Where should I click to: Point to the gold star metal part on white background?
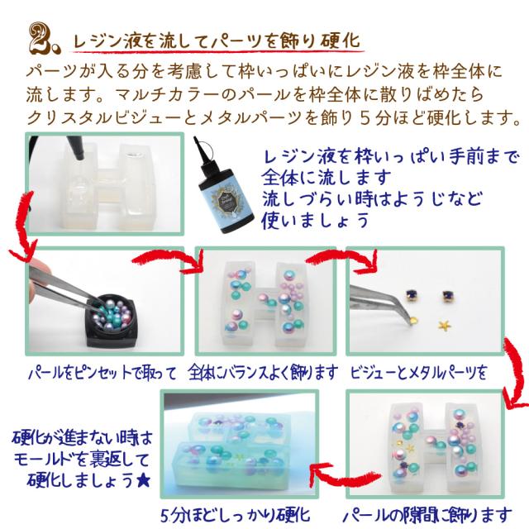[x=444, y=325]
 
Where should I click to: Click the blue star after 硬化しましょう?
[x=143, y=480]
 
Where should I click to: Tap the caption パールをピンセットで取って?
[x=102, y=373]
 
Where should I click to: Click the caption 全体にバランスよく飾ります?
[x=263, y=373]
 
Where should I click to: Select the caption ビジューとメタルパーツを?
[x=418, y=373]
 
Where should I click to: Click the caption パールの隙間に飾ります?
[x=427, y=516]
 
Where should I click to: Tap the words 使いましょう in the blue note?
[x=315, y=221]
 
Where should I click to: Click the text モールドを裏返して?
[x=82, y=459]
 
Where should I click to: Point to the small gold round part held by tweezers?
[x=414, y=319]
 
